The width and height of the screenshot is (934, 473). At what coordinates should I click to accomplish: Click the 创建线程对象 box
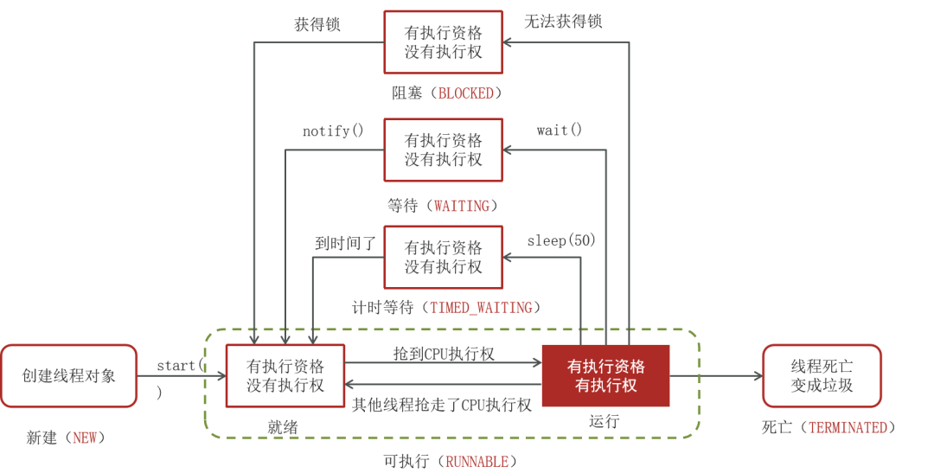coord(69,376)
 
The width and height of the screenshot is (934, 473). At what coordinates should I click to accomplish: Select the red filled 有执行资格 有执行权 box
coord(605,376)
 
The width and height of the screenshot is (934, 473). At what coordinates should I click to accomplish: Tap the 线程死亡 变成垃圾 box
coord(822,376)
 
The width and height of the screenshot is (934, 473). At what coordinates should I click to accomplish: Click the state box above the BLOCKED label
coord(443,42)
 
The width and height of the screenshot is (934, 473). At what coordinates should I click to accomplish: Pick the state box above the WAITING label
coord(443,150)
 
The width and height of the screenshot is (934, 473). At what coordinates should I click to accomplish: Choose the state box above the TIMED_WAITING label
coord(443,257)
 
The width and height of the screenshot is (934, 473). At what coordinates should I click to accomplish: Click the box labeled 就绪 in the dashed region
coord(285,376)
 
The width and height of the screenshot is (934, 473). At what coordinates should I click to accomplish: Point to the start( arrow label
coord(179,366)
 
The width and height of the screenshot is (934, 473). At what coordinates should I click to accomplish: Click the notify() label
coord(333,131)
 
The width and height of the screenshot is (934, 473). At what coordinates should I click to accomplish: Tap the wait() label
coord(560,131)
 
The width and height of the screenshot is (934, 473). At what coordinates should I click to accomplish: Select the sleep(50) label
coord(561,240)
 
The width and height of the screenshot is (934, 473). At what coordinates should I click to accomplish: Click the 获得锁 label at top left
coord(317,24)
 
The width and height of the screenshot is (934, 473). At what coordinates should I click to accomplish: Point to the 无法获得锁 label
coord(563,22)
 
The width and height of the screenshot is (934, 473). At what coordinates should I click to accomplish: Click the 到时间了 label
coord(345,244)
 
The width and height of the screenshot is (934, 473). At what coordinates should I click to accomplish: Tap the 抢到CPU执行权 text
coord(444,355)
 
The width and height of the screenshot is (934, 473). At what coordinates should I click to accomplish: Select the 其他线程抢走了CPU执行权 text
coord(442,405)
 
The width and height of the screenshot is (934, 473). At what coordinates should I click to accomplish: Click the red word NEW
coord(85,438)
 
